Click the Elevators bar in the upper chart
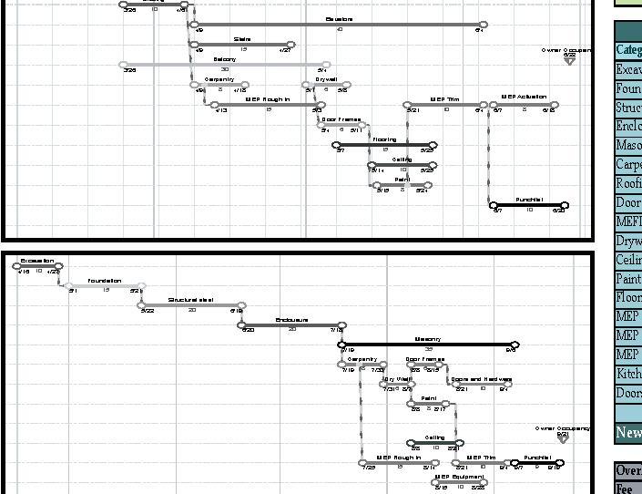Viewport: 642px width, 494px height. coord(337,25)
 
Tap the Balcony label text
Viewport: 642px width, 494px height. coord(224,59)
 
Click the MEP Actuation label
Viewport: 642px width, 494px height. coord(524,96)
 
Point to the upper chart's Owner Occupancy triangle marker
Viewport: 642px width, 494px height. coord(570,62)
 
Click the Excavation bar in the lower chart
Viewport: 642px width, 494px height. coord(38,267)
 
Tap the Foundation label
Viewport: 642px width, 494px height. coord(105,281)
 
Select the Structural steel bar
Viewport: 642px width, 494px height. coord(192,305)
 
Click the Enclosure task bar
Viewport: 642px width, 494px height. coord(292,325)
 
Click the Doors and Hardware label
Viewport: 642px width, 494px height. coord(481,379)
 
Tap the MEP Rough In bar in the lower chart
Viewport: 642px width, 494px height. coord(398,463)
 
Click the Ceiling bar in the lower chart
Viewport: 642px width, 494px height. coord(433,443)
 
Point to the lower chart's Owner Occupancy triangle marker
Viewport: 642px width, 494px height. coord(564,438)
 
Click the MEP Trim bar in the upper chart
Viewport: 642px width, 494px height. coord(445,105)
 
